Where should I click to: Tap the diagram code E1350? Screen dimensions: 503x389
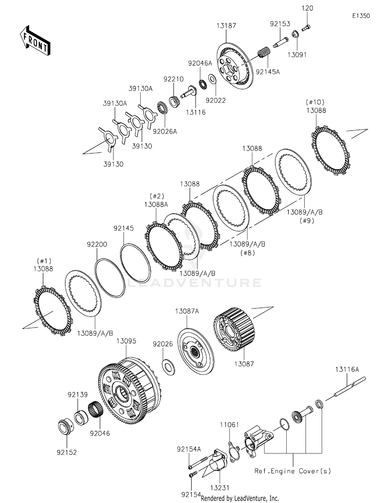click(x=361, y=16)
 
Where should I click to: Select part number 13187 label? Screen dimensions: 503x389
click(x=226, y=26)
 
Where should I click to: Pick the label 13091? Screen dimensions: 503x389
click(x=297, y=55)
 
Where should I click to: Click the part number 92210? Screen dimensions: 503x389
click(x=173, y=79)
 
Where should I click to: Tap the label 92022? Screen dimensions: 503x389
click(x=216, y=100)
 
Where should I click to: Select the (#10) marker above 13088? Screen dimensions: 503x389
click(x=315, y=102)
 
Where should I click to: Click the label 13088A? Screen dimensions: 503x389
click(x=156, y=205)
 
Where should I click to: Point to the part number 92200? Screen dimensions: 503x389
click(x=97, y=244)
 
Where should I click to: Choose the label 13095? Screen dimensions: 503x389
click(x=126, y=341)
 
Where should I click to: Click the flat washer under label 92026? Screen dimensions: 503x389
click(x=168, y=367)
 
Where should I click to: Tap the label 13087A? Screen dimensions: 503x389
click(x=187, y=311)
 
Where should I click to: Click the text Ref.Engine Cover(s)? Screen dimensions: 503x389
click(x=293, y=471)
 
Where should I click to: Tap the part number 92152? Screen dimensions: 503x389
click(x=67, y=452)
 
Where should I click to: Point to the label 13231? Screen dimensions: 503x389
click(x=220, y=488)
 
